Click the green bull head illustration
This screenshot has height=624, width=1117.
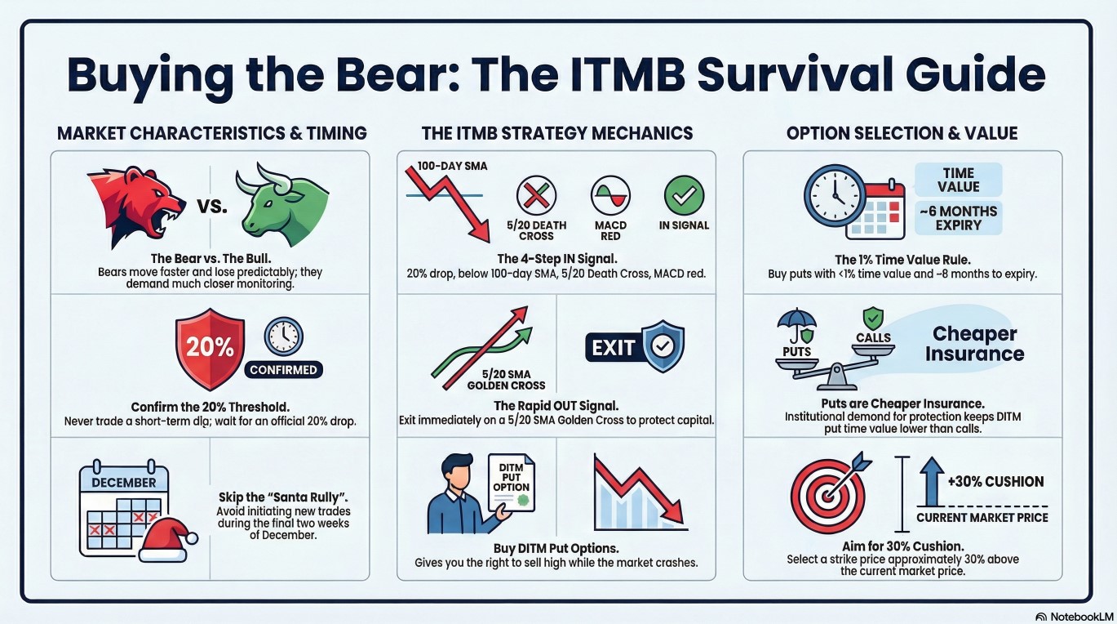pyautogui.click(x=282, y=205)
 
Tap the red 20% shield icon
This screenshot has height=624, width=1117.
pyautogui.click(x=210, y=349)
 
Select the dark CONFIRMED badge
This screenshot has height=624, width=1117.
pyautogui.click(x=283, y=369)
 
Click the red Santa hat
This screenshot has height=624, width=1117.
pyautogui.click(x=167, y=539)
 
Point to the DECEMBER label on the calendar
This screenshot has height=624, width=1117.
pyautogui.click(x=124, y=482)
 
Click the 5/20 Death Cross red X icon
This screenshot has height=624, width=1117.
pyautogui.click(x=536, y=194)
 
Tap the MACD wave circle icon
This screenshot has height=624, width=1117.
pyautogui.click(x=610, y=194)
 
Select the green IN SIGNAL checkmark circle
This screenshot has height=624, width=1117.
pyautogui.click(x=685, y=194)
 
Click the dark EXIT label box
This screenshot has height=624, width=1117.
pyautogui.click(x=613, y=347)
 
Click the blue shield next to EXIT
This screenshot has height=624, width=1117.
pyautogui.click(x=663, y=346)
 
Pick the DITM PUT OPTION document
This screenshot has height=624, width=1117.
pyautogui.click(x=511, y=482)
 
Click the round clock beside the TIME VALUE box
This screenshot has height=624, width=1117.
pyautogui.click(x=835, y=196)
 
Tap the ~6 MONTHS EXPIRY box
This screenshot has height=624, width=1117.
pyautogui.click(x=959, y=218)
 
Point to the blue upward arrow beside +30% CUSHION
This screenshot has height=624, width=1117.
pyautogui.click(x=932, y=482)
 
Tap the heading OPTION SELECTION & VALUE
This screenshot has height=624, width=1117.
pyautogui.click(x=902, y=133)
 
